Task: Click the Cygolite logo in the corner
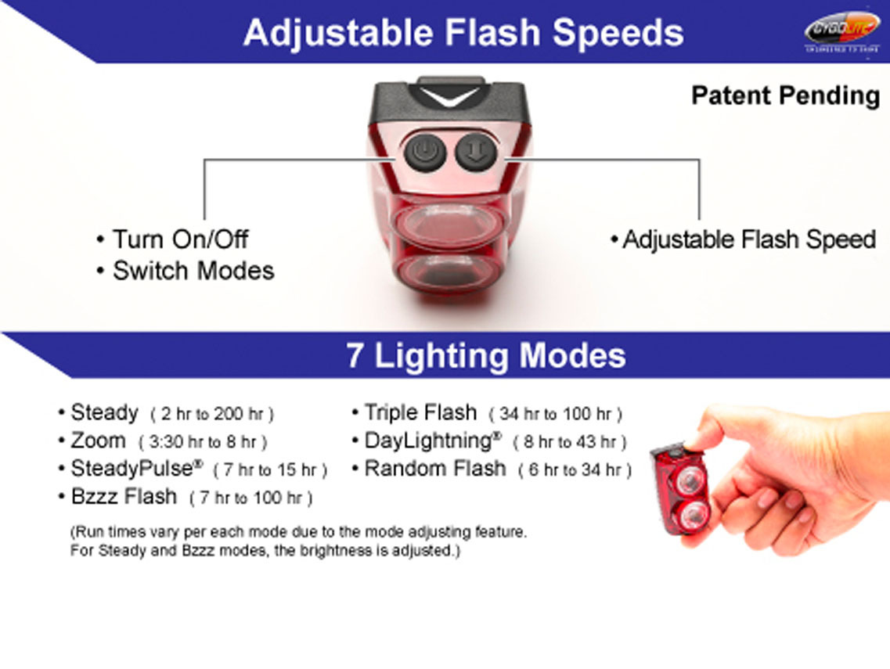(x=842, y=31)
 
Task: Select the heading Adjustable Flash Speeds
(x=463, y=33)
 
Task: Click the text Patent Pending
(x=785, y=96)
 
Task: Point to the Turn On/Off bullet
(x=180, y=239)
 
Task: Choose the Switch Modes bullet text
(x=193, y=271)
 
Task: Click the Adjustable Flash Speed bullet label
(x=748, y=239)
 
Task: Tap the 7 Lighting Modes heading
(x=486, y=356)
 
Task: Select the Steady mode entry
(x=104, y=412)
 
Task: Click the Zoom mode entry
(x=98, y=441)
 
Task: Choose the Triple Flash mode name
(x=420, y=412)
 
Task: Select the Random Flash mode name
(x=434, y=469)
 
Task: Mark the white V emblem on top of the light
(x=449, y=97)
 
